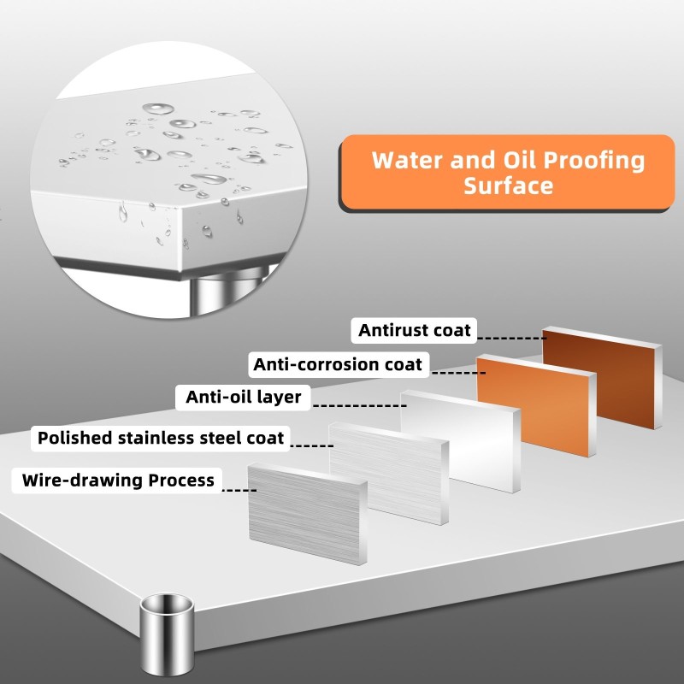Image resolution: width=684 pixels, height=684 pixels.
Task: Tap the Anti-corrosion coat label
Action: [x=338, y=365]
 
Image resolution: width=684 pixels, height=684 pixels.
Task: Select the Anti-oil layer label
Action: [x=244, y=398]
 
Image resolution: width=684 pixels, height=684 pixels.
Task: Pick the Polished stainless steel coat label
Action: [x=160, y=439]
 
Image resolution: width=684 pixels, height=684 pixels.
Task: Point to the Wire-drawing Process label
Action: [x=118, y=480]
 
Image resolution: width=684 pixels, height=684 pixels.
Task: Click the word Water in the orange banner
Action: [x=406, y=160]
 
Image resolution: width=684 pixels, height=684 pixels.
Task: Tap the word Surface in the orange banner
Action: [x=509, y=186]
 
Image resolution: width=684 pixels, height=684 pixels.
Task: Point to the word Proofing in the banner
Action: [x=594, y=160]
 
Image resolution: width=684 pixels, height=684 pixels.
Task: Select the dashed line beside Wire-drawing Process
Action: [x=239, y=490]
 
